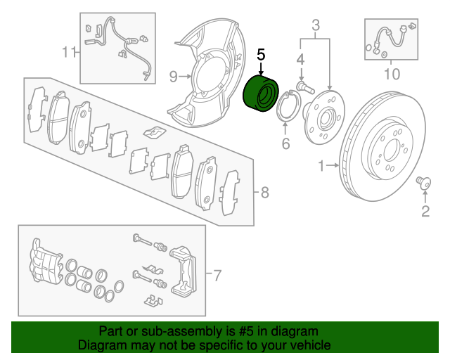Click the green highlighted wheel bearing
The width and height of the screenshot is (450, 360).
pyautogui.click(x=262, y=95)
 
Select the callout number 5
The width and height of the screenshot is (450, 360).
pyautogui.click(x=261, y=54)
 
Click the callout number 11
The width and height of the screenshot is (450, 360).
pyautogui.click(x=67, y=51)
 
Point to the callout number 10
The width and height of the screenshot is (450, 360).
pyautogui.click(x=392, y=72)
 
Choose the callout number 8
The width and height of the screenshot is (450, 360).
pyautogui.click(x=264, y=191)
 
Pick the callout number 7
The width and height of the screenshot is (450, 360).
pyautogui.click(x=217, y=274)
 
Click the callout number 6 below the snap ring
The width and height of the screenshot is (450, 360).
pyautogui.click(x=285, y=145)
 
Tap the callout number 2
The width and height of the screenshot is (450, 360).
pyautogui.click(x=425, y=211)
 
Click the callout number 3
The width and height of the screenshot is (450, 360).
pyautogui.click(x=316, y=27)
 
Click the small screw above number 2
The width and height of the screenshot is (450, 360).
pyautogui.click(x=423, y=182)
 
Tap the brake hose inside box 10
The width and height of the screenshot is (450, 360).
pyautogui.click(x=389, y=39)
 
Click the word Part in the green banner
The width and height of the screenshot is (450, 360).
pyautogui.click(x=110, y=331)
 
